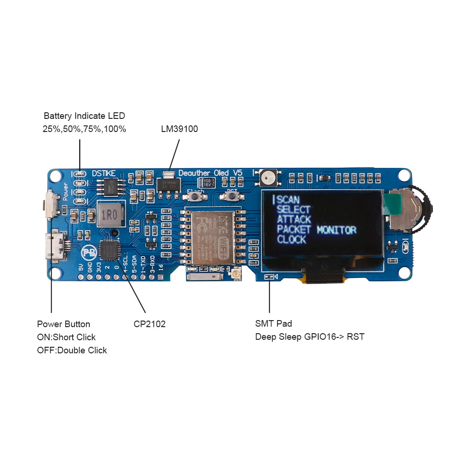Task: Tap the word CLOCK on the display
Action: [x=291, y=240]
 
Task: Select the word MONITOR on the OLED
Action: [x=336, y=230]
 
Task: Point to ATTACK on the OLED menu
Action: [x=294, y=219]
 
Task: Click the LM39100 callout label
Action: [x=179, y=129]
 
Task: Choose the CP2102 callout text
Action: [x=149, y=324]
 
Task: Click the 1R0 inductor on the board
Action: [x=110, y=215]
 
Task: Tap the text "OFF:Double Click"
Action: [x=72, y=350]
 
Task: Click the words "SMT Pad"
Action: [x=273, y=323]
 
